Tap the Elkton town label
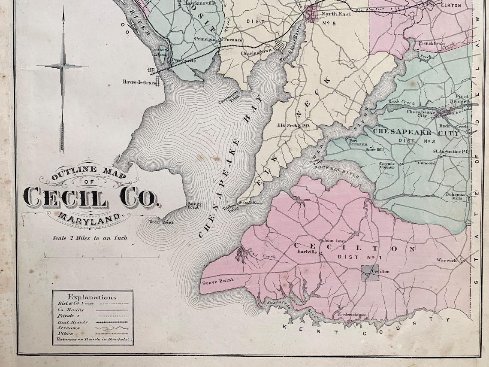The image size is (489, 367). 451,6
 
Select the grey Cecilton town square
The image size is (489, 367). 370,273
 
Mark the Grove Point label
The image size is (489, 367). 217,281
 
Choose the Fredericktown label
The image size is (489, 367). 352,315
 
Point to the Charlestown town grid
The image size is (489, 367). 279,46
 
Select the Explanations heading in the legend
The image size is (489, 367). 92,297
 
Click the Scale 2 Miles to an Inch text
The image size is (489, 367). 90,238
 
